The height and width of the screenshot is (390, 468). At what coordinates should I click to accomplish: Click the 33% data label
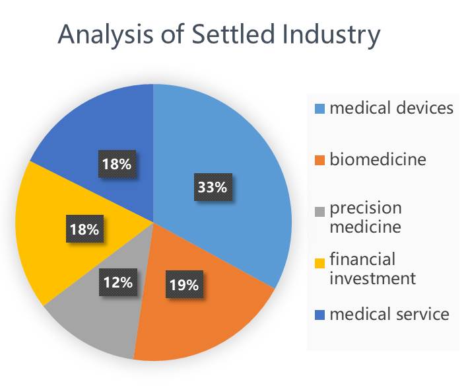pos(212,187)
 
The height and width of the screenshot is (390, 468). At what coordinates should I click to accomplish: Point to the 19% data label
pos(184,285)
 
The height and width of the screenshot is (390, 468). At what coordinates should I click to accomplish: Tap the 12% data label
pos(117,282)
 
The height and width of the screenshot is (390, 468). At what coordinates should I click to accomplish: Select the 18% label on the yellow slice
pos(83,230)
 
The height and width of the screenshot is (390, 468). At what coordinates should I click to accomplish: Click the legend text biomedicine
pos(378,159)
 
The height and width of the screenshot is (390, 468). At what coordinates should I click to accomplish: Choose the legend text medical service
pos(389,314)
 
